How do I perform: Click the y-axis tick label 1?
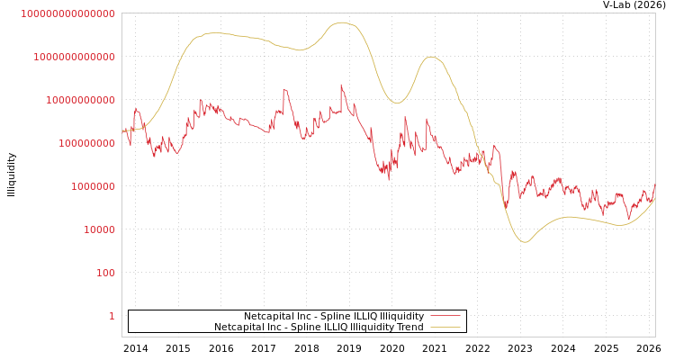pos(112,316)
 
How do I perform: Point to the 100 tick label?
pos(105,273)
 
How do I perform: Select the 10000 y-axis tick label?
pos(99,229)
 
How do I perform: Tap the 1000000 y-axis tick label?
pos(93,186)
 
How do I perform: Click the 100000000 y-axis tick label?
pos(86,143)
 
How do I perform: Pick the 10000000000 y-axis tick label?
pos(80,100)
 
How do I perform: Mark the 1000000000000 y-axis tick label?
pos(74,57)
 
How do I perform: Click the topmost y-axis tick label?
pos(67,13)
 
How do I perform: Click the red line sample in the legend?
pos(445,316)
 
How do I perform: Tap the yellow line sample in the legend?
pos(445,327)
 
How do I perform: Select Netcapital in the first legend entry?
pos(267,316)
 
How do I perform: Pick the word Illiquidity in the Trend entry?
pos(370,327)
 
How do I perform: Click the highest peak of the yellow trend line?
pos(342,22)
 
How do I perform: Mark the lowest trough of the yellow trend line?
pos(526,242)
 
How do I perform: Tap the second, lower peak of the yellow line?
pos(433,58)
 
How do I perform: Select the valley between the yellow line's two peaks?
pos(397,103)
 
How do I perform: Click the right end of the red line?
pos(655,184)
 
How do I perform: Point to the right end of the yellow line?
pos(655,199)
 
